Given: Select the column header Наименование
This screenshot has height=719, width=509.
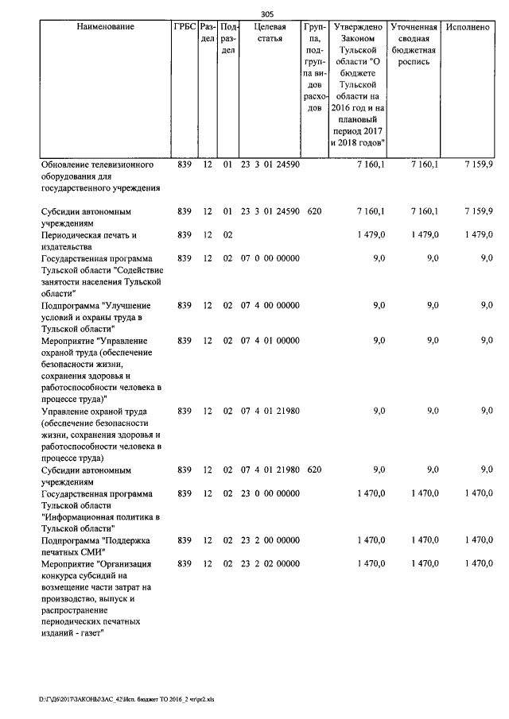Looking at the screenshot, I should pyautogui.click(x=106, y=27).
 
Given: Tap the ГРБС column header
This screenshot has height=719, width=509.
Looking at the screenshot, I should pyautogui.click(x=184, y=27).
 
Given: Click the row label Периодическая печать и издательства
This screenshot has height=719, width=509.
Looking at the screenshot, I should pyautogui.click(x=89, y=241).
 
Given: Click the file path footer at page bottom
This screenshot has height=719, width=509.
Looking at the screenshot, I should pyautogui.click(x=132, y=700).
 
